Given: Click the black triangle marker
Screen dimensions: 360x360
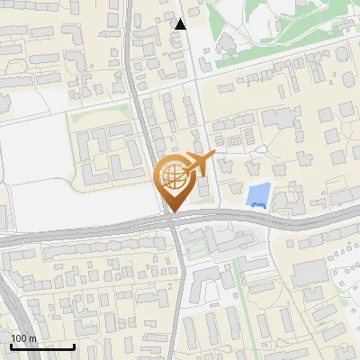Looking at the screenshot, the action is point(181,24).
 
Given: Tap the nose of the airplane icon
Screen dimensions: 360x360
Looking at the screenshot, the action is point(214,156).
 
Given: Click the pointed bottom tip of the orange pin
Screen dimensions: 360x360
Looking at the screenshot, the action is point(172,211).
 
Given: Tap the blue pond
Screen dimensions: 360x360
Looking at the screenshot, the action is point(258,193).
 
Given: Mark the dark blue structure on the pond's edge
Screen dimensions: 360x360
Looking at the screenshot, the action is point(259,206).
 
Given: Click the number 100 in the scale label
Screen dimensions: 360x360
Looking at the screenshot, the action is point(19,338).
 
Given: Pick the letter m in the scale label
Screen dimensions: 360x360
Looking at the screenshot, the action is point(31,338).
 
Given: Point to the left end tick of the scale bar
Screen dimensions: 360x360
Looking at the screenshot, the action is point(11,346).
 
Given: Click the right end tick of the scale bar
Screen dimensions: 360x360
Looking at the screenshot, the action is point(74,346).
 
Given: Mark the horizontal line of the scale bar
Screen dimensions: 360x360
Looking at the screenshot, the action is point(42,347).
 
